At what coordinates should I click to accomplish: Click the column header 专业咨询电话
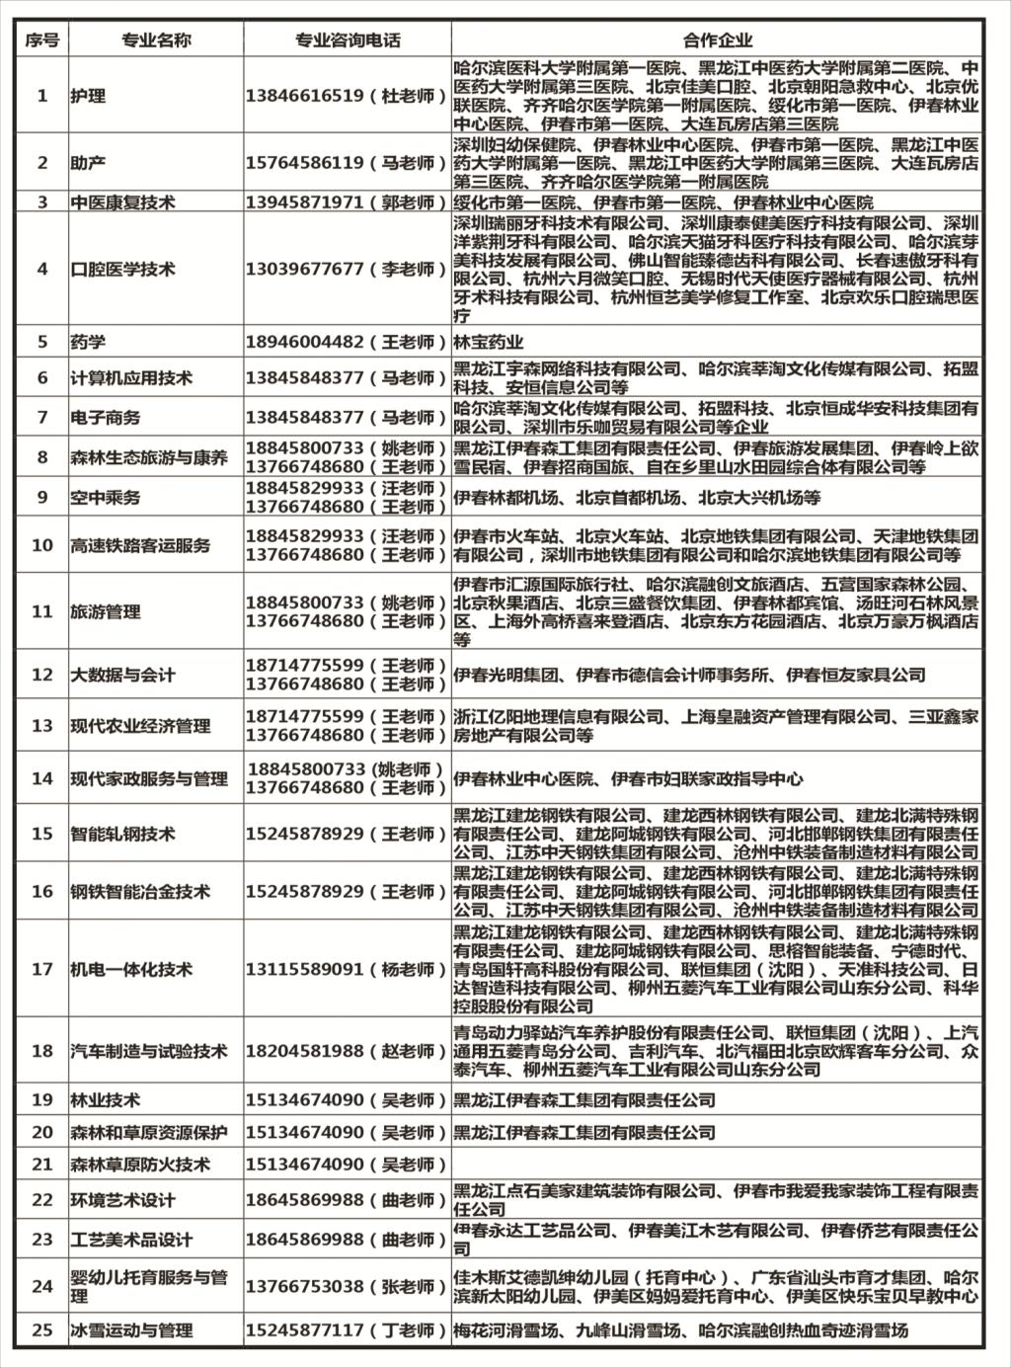pyautogui.click(x=348, y=40)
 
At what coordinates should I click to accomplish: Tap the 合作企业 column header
pyautogui.click(x=718, y=40)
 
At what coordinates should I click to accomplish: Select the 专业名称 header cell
pyautogui.click(x=156, y=40)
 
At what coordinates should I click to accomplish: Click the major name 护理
pyautogui.click(x=88, y=96)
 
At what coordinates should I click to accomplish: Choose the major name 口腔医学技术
pyautogui.click(x=122, y=269)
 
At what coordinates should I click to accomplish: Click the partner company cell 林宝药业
pyautogui.click(x=489, y=342)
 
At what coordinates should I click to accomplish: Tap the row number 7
pyautogui.click(x=42, y=417)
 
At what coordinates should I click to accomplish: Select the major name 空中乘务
pyautogui.click(x=105, y=497)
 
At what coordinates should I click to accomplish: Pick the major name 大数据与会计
pyautogui.click(x=122, y=675)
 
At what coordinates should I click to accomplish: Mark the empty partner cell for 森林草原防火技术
pyautogui.click(x=718, y=1165)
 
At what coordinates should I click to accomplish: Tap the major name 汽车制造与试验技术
pyautogui.click(x=148, y=1051)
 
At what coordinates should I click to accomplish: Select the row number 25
pyautogui.click(x=42, y=1329)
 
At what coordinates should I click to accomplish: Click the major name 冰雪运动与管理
pyautogui.click(x=131, y=1330)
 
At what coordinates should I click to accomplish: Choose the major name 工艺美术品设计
pyautogui.click(x=131, y=1240)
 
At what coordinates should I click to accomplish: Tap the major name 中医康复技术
pyautogui.click(x=122, y=202)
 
